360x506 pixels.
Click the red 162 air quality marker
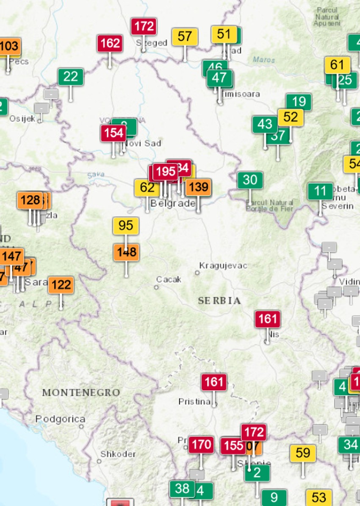110,43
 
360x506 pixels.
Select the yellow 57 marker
185,36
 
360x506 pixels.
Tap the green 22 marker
71,77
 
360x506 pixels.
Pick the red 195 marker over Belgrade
165,172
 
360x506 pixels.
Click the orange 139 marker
198,187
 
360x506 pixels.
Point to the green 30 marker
250,180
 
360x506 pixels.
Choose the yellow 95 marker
126,225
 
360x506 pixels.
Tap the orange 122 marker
61,285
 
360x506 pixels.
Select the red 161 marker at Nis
267,319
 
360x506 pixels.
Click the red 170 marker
201,445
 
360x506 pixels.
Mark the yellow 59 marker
303,453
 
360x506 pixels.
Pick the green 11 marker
320,191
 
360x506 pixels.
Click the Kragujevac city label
223,266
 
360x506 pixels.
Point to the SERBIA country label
219,301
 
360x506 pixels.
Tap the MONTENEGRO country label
81,392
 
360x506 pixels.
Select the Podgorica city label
60,419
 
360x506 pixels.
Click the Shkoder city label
118,454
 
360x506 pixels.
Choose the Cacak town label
169,279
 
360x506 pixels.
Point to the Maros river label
264,60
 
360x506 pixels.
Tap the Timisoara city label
240,94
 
